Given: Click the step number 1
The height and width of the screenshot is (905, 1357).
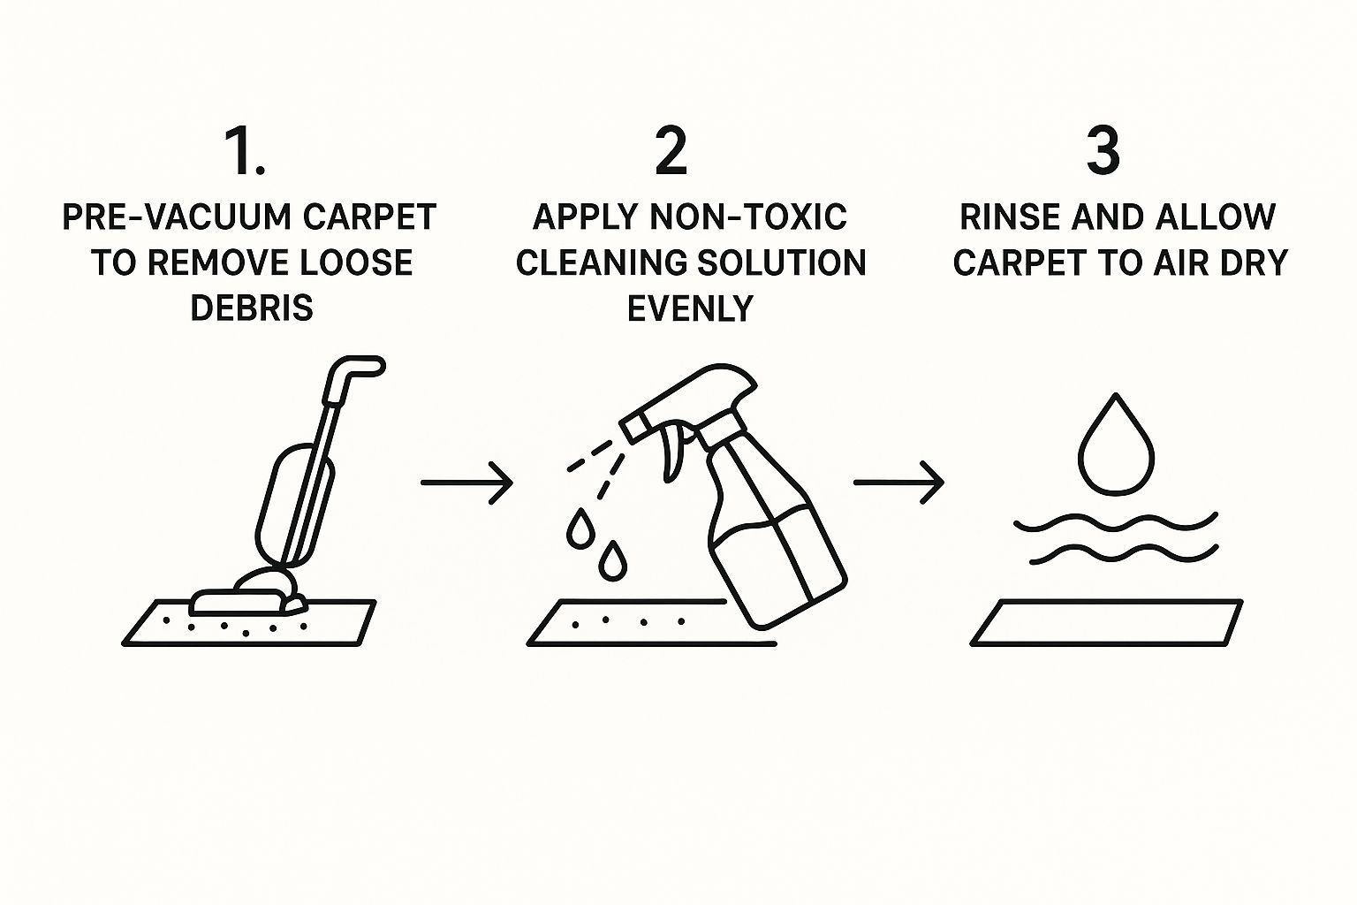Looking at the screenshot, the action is (245, 151).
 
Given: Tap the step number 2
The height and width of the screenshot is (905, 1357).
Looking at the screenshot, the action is (671, 151).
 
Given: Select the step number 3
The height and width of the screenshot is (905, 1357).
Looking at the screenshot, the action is (1103, 151).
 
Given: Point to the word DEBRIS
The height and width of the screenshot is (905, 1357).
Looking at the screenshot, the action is (252, 308).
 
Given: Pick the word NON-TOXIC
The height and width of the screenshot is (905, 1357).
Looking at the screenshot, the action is (748, 217).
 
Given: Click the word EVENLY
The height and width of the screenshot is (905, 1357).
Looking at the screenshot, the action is (690, 308).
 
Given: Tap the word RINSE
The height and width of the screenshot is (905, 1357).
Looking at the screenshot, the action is (1011, 217).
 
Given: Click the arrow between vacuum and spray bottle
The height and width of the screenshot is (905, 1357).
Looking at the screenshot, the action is (467, 483).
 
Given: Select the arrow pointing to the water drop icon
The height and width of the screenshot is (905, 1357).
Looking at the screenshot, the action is (899, 483).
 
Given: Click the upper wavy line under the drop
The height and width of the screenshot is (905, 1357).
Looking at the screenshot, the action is (1116, 522).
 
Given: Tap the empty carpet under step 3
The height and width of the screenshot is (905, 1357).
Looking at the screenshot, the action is (1107, 623).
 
